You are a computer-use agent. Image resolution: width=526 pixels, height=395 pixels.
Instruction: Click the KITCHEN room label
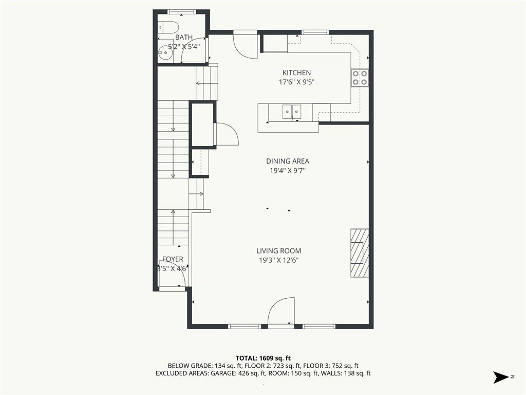coord(296,73)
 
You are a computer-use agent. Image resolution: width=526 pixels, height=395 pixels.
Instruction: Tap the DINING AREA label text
coord(287,161)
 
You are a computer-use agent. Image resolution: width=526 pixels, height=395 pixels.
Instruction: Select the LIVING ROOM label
coord(278,251)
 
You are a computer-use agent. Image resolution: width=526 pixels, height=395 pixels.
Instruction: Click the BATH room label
coord(183,38)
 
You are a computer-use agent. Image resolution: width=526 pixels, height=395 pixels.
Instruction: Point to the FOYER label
coord(173,259)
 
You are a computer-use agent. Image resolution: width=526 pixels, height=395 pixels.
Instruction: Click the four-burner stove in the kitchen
coord(360,77)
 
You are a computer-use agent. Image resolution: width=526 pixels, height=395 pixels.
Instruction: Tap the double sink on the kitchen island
coord(292,111)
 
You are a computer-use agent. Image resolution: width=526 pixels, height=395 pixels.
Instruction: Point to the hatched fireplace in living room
coord(360,253)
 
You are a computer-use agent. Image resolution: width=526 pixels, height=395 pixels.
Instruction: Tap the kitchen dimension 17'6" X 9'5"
coord(296,82)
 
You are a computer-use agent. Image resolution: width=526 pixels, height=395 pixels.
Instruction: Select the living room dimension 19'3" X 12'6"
coord(278,260)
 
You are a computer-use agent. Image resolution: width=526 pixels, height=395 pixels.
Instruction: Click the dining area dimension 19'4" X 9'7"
coord(287,170)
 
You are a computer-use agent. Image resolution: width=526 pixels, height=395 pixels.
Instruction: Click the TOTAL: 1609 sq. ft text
coord(263,357)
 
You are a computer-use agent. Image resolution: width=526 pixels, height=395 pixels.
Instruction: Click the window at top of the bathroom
coord(182,11)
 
